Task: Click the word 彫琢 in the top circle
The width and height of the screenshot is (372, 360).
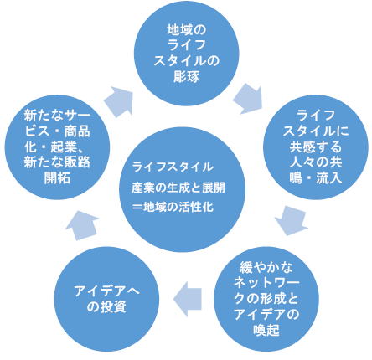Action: point(187,77)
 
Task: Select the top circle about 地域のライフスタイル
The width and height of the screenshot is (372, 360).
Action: point(187,54)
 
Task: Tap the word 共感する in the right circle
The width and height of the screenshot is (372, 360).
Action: point(316,147)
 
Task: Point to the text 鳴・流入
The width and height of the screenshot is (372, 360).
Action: point(316,178)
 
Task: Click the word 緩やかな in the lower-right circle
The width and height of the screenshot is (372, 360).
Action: point(266,267)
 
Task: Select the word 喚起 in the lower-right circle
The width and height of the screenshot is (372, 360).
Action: point(266,330)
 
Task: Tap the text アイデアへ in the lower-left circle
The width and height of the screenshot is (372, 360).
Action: point(106,291)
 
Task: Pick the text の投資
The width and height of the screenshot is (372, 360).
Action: point(106,307)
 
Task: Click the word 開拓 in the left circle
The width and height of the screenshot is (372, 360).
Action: point(57,177)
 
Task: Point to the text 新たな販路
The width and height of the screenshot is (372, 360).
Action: point(57,162)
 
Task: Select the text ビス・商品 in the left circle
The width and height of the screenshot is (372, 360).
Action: point(57,131)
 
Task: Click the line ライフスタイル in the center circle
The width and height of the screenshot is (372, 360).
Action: point(173,167)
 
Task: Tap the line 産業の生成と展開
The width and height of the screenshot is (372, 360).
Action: point(178,188)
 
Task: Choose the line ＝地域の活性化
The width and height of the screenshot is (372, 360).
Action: point(173,207)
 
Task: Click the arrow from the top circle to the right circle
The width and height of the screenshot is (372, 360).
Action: point(248,98)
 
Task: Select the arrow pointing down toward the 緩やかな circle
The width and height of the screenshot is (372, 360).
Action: point(291,220)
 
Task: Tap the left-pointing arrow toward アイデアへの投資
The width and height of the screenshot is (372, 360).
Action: point(188,299)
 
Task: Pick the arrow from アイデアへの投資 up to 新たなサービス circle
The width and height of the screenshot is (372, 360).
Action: point(82,225)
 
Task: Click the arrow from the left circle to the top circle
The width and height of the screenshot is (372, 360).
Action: point(118,101)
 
